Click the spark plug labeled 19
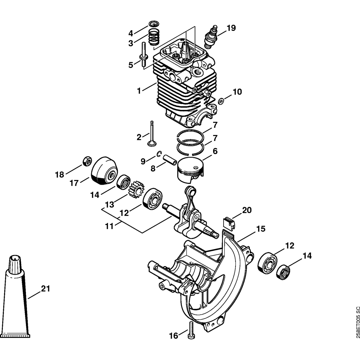click(210, 37)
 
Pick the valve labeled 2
click(152, 135)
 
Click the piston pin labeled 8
click(170, 159)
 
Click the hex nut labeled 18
click(86, 161)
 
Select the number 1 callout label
click(139, 91)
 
